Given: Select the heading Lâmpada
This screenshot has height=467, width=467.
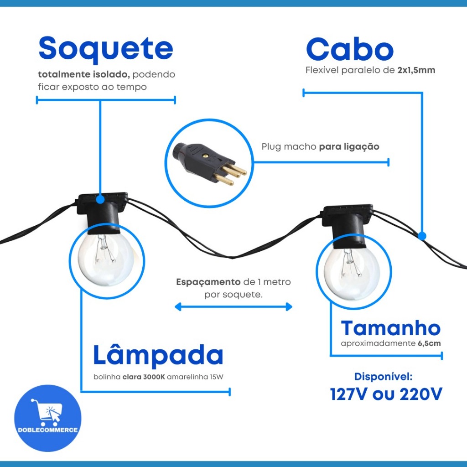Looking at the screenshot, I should click(158, 356).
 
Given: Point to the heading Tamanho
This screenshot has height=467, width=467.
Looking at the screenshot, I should click(391, 328).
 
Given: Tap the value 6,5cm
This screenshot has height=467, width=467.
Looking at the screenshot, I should click(429, 343).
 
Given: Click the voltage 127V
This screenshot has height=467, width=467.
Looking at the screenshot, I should click(350, 394).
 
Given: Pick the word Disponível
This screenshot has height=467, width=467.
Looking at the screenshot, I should click(384, 377).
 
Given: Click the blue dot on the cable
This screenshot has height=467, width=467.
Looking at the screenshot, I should click(422, 236).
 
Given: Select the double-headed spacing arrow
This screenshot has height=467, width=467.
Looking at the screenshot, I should click(233, 307).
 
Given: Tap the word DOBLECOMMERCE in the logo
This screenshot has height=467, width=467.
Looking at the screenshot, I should click(47, 430).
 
